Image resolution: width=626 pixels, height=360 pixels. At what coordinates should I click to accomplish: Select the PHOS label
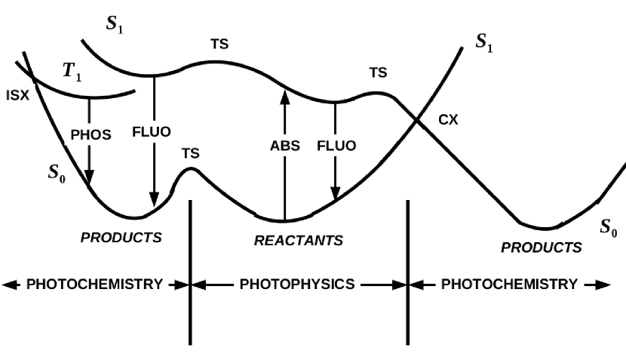pos(91,135)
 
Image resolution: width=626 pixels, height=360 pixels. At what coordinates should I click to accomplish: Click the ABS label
pos(285,146)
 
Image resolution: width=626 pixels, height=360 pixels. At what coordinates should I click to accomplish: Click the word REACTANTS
pos(298,241)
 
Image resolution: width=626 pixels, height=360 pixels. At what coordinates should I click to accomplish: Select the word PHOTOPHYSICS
pos(297,285)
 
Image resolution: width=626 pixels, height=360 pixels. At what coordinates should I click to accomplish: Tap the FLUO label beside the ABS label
pos(336,146)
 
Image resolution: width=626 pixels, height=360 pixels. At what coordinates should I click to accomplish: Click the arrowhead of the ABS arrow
pos(284,95)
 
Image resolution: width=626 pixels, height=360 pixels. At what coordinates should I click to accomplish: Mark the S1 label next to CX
pos(484,43)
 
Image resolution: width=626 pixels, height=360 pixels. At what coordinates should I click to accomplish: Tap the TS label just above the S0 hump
pos(191,153)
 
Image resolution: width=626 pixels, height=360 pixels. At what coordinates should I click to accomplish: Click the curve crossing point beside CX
pos(417,119)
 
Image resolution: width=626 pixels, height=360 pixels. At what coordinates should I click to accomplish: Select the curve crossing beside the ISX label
pos(34,76)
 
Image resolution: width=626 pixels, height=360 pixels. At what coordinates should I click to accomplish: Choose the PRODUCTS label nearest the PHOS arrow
pos(121,238)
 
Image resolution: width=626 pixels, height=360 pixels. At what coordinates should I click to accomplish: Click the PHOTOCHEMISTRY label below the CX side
pos(509,285)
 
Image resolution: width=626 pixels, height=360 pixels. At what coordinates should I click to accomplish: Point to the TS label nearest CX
pos(378,73)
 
